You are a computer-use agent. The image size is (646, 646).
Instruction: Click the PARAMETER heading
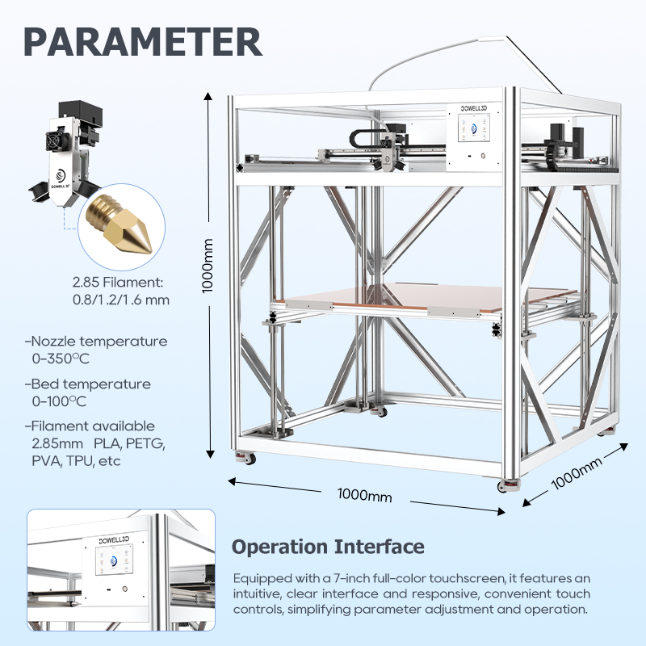(143, 42)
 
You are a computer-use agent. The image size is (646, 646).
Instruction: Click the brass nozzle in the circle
(120, 223)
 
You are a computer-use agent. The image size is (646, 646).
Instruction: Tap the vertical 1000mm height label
(208, 266)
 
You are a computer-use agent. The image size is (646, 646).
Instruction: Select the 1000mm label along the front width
(365, 494)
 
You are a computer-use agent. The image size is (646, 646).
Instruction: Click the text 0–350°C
(61, 359)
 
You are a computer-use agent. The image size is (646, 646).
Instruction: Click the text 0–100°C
(59, 401)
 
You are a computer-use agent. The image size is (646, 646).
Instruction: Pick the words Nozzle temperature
(99, 341)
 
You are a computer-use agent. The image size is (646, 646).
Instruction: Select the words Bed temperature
(91, 384)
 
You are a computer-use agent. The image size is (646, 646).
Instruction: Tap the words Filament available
(93, 426)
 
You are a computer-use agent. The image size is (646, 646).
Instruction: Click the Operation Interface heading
(328, 547)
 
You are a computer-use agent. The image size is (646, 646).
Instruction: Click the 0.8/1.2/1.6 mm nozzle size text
(121, 300)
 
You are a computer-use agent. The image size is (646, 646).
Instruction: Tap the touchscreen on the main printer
(474, 128)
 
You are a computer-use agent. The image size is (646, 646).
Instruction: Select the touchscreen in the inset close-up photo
(114, 560)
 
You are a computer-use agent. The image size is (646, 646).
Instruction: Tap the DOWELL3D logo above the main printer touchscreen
(474, 108)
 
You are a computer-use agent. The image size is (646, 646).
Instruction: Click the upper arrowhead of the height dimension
(208, 96)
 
